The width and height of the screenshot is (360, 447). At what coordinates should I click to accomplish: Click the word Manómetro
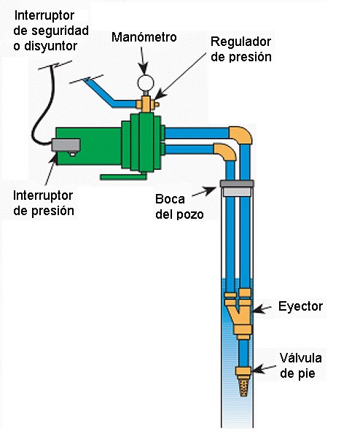144,37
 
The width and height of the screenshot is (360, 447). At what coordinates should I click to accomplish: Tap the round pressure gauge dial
146,82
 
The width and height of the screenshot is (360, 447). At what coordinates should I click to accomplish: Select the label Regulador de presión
241,49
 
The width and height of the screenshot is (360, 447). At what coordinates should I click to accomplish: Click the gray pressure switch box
66,145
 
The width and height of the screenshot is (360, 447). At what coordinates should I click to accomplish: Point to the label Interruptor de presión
43,203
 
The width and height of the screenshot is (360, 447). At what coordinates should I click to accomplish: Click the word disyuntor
51,46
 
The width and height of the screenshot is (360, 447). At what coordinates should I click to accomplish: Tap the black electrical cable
43,109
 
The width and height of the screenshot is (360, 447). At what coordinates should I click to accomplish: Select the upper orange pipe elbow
241,135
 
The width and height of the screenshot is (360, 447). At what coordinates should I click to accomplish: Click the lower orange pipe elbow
225,151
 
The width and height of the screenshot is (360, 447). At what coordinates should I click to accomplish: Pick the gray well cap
237,183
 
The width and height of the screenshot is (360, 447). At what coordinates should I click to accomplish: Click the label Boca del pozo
179,206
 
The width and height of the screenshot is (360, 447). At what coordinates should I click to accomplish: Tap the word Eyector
300,306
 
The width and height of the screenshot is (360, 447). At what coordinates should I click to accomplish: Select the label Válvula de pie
300,365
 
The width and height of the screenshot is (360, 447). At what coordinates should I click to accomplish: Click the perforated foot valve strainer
243,386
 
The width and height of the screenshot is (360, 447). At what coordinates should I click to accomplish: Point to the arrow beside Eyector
262,308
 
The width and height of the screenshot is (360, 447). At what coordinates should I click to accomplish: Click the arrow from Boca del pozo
204,192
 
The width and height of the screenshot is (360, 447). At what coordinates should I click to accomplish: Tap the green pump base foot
123,177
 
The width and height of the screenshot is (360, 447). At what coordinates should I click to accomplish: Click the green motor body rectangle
89,147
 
